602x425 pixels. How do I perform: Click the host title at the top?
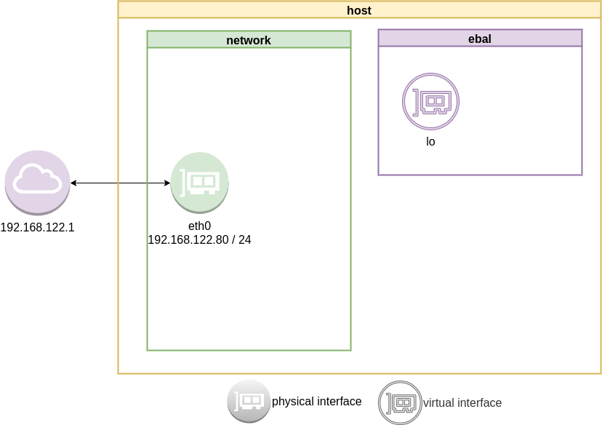360,10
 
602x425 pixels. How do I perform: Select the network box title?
249,40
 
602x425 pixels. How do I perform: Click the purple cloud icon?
37,182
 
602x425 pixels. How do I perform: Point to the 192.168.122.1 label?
37,228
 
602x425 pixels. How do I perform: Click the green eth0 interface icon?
199,182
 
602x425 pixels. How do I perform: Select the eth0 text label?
199,226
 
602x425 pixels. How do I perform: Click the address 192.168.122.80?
188,239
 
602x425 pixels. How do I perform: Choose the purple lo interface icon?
431,102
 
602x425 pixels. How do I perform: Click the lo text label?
430,142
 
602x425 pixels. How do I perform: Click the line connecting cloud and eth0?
120,183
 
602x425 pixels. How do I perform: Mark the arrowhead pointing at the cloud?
74,183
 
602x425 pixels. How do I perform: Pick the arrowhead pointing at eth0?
166,183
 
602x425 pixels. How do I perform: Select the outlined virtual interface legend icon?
399,402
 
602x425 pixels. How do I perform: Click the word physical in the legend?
293,402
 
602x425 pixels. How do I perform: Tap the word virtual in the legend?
438,402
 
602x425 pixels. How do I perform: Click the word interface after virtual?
479,402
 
